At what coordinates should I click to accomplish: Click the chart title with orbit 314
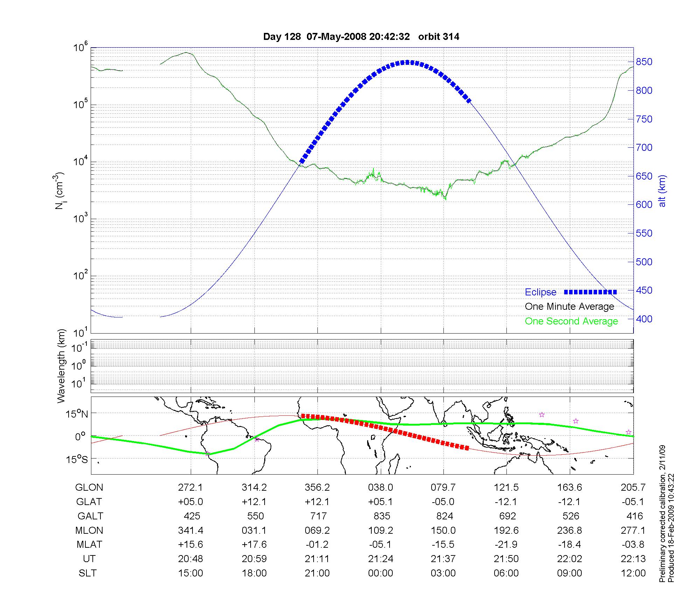(361, 37)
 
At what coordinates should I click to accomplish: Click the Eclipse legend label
(540, 292)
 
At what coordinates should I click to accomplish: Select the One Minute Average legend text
(569, 307)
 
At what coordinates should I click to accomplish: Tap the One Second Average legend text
(571, 321)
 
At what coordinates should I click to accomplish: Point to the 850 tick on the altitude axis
(644, 62)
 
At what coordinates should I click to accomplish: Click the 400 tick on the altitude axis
(644, 319)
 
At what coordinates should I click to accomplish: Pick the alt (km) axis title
(662, 191)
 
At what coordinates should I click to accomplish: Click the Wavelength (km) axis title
(61, 366)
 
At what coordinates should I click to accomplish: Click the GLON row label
(89, 488)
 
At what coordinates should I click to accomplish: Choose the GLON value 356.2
(317, 488)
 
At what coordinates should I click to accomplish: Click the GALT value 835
(381, 516)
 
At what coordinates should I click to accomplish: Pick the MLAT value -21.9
(506, 545)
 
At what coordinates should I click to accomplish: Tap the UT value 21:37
(443, 559)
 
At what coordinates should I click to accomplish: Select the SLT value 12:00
(633, 573)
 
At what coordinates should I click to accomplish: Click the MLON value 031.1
(254, 531)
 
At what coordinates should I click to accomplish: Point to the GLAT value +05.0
(190, 502)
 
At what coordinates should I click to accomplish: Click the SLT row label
(87, 573)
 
